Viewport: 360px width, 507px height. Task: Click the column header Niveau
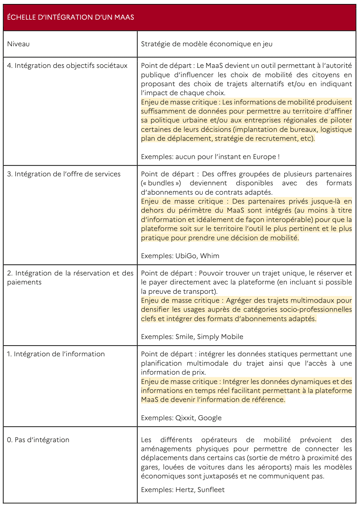coord(18,44)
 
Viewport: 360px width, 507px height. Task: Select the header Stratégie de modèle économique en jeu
coord(207,44)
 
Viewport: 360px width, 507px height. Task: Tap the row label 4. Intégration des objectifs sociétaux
coord(67,66)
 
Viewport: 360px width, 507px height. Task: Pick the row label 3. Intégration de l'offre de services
coord(64,174)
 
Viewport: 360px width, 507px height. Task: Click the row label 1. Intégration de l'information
coord(56,354)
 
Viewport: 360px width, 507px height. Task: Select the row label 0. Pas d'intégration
coord(38,440)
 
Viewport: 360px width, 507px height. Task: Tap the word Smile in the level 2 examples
coord(184,337)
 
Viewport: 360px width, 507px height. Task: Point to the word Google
coord(210,418)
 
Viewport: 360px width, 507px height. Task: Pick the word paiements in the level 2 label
coord(24,282)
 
